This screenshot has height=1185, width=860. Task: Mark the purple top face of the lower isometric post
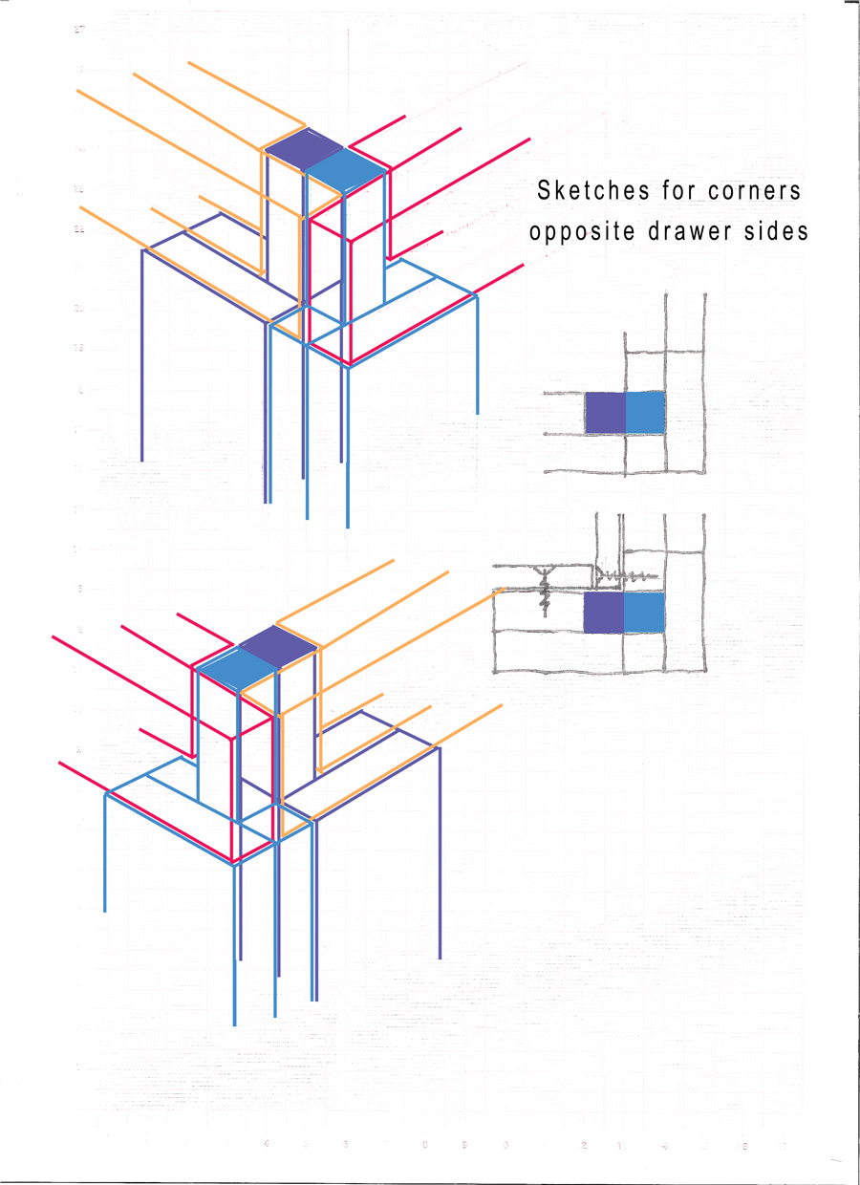(277, 645)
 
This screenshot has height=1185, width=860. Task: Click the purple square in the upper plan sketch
(605, 412)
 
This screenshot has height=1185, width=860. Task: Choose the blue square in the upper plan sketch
(645, 412)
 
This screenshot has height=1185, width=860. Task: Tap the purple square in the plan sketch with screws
(603, 612)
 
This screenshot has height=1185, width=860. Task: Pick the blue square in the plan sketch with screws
(643, 612)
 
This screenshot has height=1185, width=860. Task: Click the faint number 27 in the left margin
(80, 30)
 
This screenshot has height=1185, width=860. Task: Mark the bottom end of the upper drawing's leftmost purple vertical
(141, 461)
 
